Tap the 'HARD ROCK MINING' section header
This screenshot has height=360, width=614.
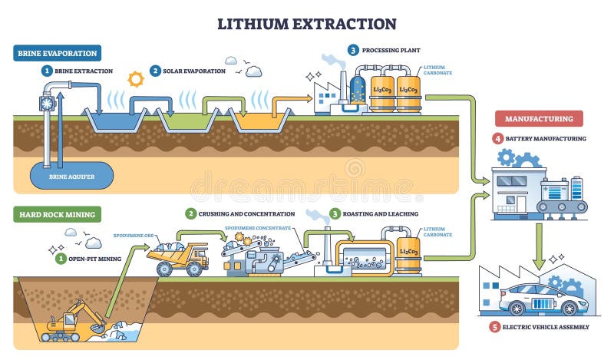[x=56, y=215]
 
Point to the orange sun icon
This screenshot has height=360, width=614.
[x=136, y=78]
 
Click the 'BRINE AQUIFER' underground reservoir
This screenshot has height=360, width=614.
[x=70, y=175]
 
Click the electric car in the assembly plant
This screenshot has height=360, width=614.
[x=537, y=299]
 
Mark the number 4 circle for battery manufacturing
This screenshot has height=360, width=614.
[x=498, y=139]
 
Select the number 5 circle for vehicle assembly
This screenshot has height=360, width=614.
[x=494, y=328]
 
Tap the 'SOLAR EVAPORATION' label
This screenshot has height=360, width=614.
[x=192, y=71]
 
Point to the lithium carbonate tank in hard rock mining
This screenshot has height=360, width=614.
[x=408, y=252]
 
